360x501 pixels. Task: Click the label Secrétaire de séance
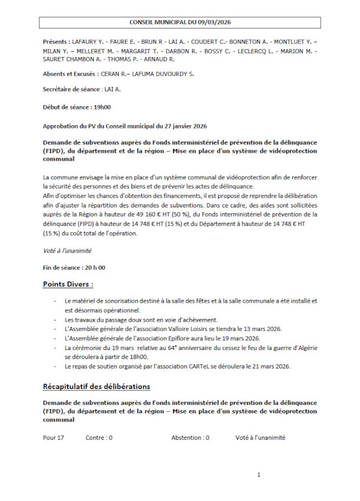(x=69, y=90)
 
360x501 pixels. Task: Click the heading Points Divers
(x=68, y=284)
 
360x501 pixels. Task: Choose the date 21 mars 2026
(x=269, y=366)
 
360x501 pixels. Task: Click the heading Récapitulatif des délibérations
(x=96, y=387)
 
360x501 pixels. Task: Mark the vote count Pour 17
(x=53, y=438)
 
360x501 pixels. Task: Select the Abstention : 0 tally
(x=190, y=438)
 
